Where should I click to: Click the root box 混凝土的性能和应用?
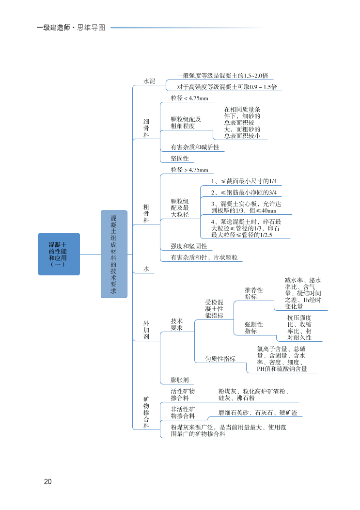(x=59, y=254)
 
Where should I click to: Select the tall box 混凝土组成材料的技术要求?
(x=114, y=254)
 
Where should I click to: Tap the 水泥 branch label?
(x=149, y=81)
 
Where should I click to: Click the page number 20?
(x=47, y=481)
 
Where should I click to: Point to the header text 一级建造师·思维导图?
(x=71, y=28)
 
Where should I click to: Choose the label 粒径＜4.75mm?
(x=189, y=98)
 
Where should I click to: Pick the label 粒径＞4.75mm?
(x=189, y=170)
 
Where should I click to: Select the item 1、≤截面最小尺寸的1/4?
(x=244, y=181)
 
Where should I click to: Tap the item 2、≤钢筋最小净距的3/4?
(x=244, y=193)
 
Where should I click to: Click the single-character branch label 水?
(x=146, y=269)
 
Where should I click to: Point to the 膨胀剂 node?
(x=179, y=380)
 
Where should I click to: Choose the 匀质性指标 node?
(x=220, y=359)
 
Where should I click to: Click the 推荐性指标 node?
(x=254, y=293)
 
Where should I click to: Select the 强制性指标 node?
(x=254, y=328)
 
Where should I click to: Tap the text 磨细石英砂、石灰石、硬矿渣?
(x=257, y=413)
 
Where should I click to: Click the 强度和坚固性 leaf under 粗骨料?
(x=188, y=246)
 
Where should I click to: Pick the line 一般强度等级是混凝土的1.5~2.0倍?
(x=222, y=76)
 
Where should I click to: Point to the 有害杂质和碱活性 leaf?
(x=195, y=147)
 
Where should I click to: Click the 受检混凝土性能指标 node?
(x=214, y=309)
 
